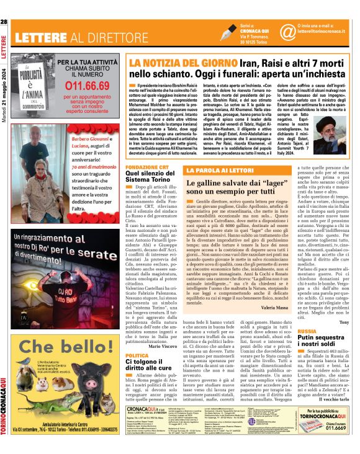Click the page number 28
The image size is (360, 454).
pos(4,23)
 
